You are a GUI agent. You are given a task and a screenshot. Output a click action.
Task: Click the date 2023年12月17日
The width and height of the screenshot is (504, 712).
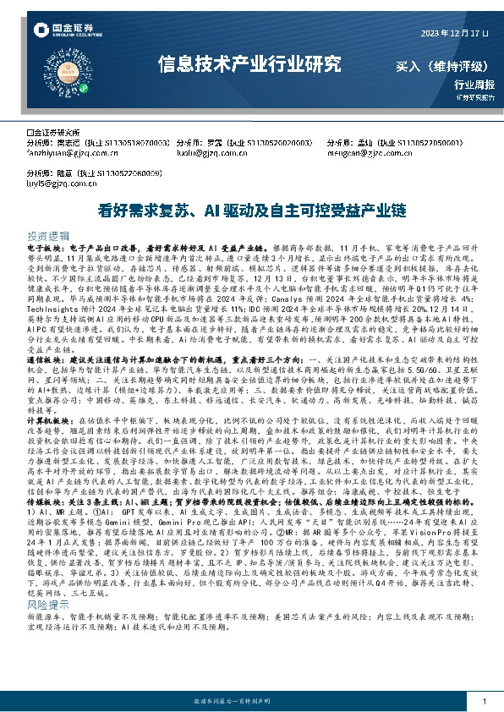455,32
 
